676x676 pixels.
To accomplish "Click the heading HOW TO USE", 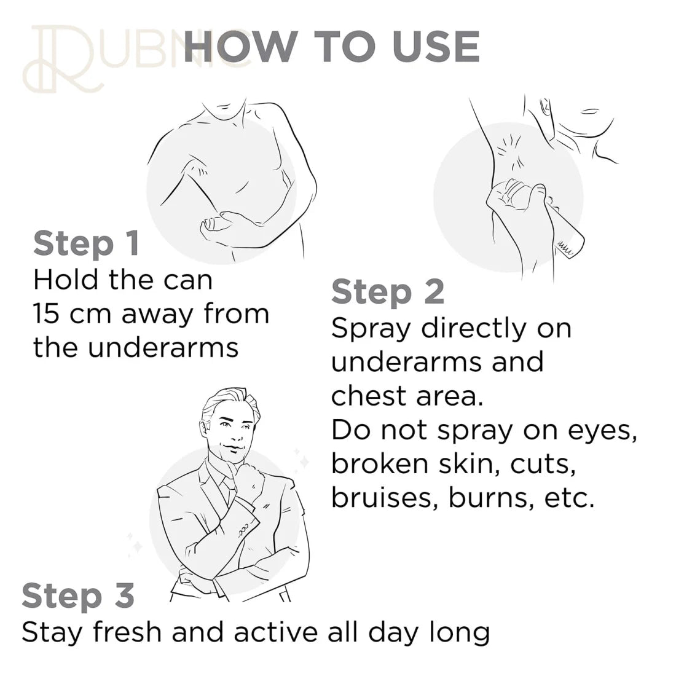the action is [x=331, y=47].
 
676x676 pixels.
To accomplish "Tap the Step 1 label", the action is [x=87, y=244].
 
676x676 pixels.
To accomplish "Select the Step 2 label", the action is [x=388, y=293].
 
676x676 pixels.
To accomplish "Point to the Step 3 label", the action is [x=78, y=596].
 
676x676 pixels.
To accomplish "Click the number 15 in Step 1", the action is [x=45, y=313].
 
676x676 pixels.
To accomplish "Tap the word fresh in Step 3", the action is [x=127, y=632].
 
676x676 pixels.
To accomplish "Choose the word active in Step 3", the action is [x=275, y=632].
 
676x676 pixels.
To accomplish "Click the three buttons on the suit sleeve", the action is [x=243, y=530].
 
